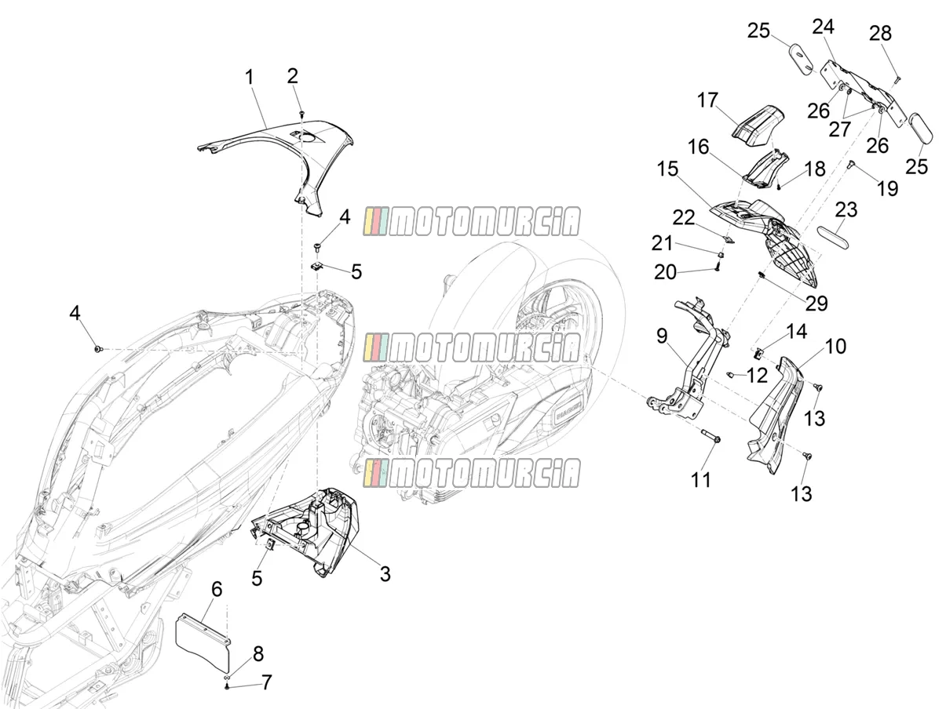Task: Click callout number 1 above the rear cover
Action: pyautogui.click(x=249, y=78)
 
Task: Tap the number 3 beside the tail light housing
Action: pyautogui.click(x=385, y=573)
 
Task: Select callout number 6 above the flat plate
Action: pyautogui.click(x=217, y=589)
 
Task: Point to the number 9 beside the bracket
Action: pyautogui.click(x=662, y=336)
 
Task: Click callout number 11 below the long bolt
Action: pyautogui.click(x=700, y=479)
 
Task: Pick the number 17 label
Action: pyautogui.click(x=707, y=100)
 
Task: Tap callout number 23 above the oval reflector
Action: pyautogui.click(x=846, y=210)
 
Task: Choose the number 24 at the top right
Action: pyautogui.click(x=824, y=27)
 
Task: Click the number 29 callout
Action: pyautogui.click(x=816, y=304)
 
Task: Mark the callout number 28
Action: pyautogui.click(x=880, y=33)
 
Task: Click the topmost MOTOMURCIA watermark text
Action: pyautogui.click(x=472, y=222)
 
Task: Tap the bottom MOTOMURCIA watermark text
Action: pyautogui.click(x=472, y=473)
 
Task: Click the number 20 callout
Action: pyautogui.click(x=665, y=272)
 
